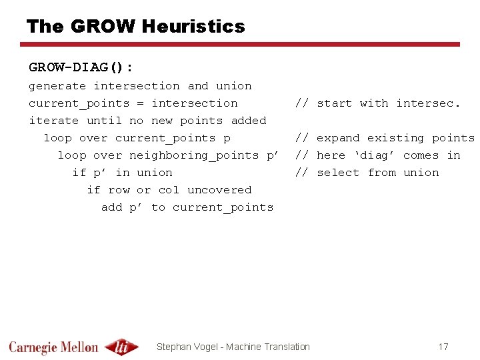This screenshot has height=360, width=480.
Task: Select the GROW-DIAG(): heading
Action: (x=81, y=67)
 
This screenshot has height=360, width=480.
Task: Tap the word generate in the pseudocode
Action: (x=57, y=86)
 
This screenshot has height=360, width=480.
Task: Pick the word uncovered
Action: (x=219, y=190)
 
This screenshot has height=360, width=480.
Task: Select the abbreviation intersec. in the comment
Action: (x=428, y=103)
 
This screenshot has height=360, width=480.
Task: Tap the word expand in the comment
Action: (x=338, y=138)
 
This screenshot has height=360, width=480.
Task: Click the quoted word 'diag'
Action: (x=374, y=155)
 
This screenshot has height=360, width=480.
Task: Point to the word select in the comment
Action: (x=338, y=173)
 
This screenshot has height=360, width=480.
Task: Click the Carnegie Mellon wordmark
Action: (x=53, y=347)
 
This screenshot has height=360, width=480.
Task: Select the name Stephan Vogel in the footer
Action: (x=189, y=347)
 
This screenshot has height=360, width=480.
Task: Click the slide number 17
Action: (x=443, y=347)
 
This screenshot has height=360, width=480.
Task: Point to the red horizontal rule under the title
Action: (x=240, y=45)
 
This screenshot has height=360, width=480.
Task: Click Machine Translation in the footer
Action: (x=269, y=347)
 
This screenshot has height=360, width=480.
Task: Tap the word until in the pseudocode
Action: (x=104, y=121)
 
